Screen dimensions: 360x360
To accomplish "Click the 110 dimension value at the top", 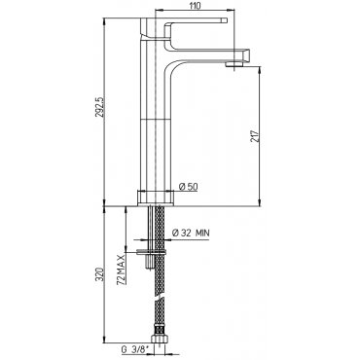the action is (x=195, y=6).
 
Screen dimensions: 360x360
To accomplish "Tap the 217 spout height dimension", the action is (x=254, y=136).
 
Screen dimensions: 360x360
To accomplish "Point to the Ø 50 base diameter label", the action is (x=189, y=187).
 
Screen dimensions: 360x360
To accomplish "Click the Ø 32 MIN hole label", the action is (x=191, y=233).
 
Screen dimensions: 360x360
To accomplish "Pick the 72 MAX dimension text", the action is (x=121, y=270).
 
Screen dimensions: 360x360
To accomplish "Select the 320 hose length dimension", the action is (x=100, y=274).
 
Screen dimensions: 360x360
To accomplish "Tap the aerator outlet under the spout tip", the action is (x=234, y=64).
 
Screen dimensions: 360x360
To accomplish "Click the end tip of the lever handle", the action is (x=224, y=20).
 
